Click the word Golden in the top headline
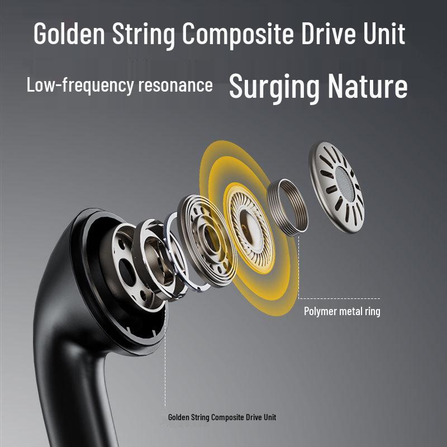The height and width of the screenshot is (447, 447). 69,34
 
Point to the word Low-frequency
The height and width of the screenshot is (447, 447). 80,85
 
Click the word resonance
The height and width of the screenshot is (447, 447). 175,85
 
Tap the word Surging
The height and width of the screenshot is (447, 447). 274,87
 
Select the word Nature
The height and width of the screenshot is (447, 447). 368,86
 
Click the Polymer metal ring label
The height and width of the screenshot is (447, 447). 342,311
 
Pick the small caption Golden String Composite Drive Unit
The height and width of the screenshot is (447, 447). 222,417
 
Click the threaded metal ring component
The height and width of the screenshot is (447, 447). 288,207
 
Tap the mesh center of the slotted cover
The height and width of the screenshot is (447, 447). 345,183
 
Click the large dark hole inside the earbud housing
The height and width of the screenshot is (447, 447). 127,273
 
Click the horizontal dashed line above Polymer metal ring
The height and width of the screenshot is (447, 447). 339,298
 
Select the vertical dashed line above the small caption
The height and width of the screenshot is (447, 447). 165,356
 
